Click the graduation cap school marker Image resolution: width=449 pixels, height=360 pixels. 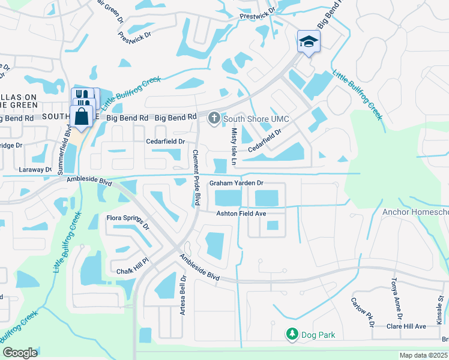309,41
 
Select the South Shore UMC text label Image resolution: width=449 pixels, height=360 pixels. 252,119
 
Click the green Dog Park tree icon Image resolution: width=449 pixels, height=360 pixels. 292,334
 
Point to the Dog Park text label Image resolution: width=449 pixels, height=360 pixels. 319,335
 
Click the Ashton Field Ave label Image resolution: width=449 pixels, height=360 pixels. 241,214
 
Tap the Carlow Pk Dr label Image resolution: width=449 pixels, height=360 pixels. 363,311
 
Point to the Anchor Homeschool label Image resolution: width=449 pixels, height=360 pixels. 415,212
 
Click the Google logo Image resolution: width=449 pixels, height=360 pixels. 20,352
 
